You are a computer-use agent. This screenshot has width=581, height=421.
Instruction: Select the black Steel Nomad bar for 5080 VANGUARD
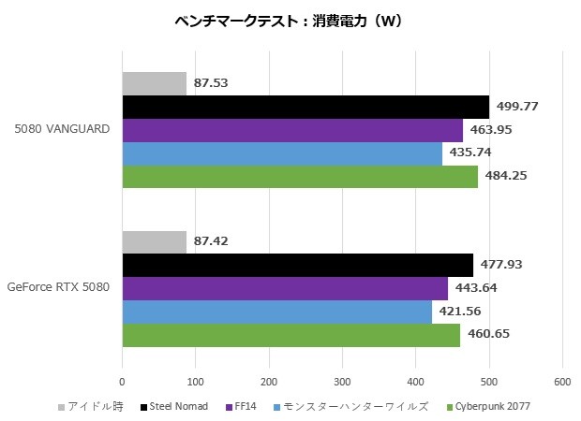pyautogui.click(x=305, y=107)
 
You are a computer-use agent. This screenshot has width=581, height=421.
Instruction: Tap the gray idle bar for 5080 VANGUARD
pyautogui.click(x=154, y=83)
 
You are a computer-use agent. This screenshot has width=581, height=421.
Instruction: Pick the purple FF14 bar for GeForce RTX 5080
pyautogui.click(x=285, y=288)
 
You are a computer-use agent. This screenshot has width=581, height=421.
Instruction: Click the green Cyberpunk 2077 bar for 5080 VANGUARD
pyautogui.click(x=300, y=177)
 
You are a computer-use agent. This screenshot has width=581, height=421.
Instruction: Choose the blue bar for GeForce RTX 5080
pyautogui.click(x=276, y=312)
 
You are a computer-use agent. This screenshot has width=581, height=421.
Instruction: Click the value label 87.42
pyautogui.click(x=212, y=241)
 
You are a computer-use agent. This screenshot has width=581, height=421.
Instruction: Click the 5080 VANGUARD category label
pyautogui.click(x=64, y=130)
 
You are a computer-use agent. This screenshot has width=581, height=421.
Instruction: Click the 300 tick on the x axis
pyautogui.click(x=342, y=382)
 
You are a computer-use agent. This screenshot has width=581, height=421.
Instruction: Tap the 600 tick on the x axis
pyautogui.click(x=562, y=382)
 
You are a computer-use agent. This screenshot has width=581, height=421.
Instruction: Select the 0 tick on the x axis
pyautogui.click(x=122, y=382)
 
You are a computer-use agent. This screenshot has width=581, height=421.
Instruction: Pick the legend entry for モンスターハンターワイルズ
pyautogui.click(x=354, y=406)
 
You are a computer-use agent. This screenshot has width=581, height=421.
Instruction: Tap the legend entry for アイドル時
pyautogui.click(x=90, y=406)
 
